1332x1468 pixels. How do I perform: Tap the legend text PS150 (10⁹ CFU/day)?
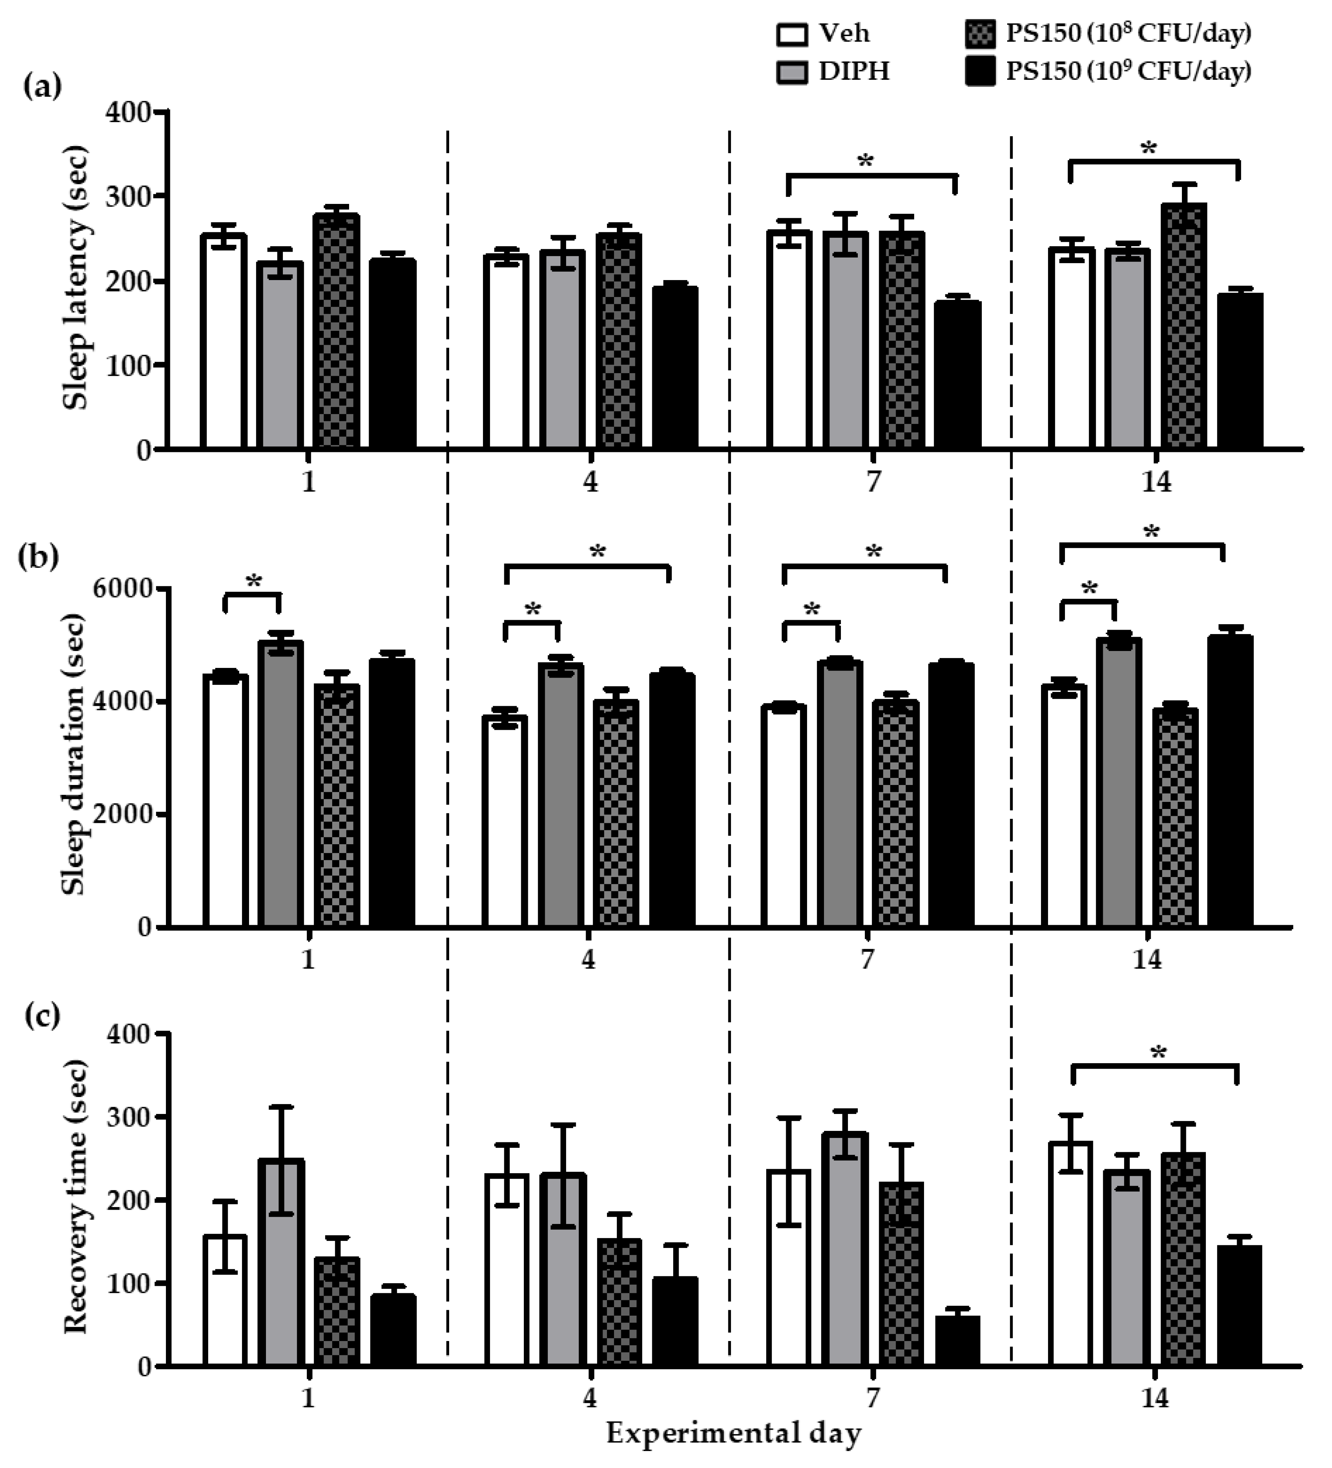[x=1128, y=71]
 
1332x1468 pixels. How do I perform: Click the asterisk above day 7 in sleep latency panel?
[x=866, y=162]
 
